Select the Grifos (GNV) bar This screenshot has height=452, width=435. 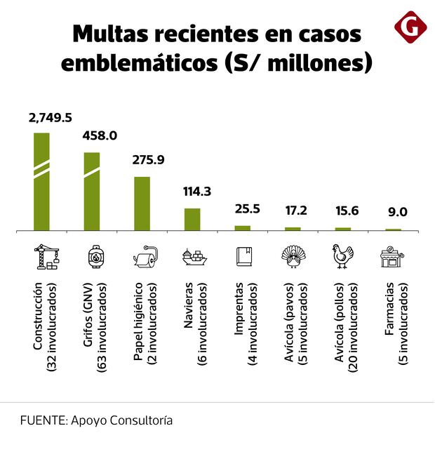click(x=92, y=191)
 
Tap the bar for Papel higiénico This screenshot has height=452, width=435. click(x=142, y=203)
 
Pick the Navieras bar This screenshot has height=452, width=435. click(x=192, y=219)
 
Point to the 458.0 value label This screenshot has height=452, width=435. click(x=99, y=136)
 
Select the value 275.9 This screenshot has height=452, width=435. click(x=148, y=159)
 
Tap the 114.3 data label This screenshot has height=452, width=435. click(x=197, y=191)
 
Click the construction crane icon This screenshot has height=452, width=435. click(x=47, y=256)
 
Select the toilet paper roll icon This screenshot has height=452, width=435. click(x=145, y=257)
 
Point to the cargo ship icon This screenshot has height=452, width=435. click(x=194, y=257)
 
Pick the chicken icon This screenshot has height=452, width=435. click(x=342, y=257)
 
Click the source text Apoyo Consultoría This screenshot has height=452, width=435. click(x=121, y=421)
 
